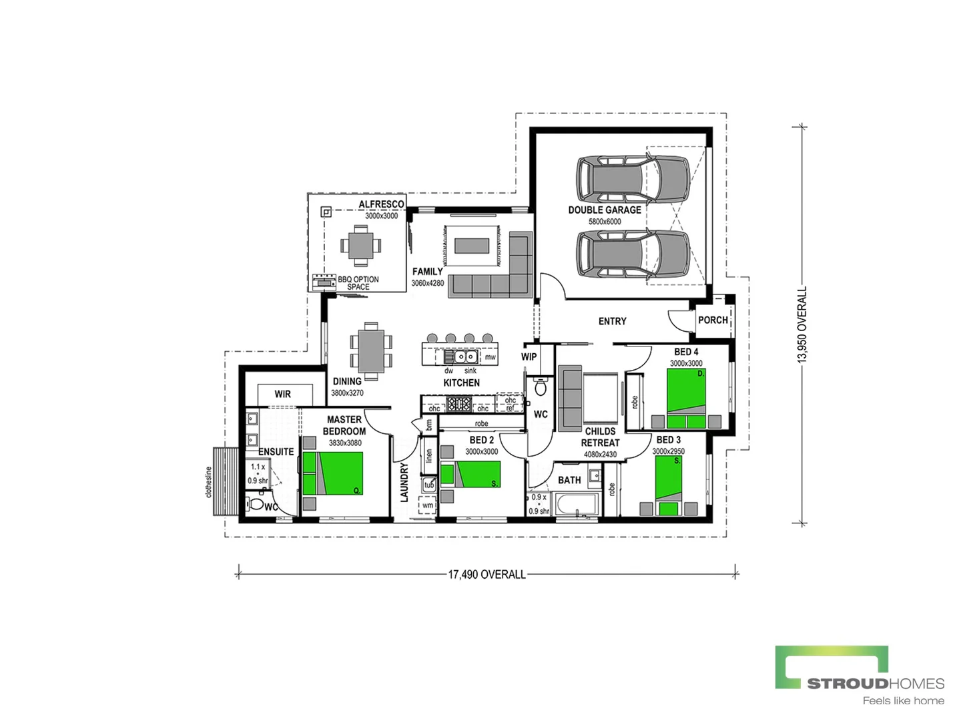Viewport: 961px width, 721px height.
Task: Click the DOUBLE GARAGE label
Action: pyautogui.click(x=605, y=210)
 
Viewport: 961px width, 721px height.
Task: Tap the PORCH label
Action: pyautogui.click(x=713, y=320)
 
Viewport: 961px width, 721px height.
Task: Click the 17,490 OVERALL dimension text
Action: pyautogui.click(x=487, y=574)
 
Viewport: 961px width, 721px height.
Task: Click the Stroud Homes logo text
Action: pyautogui.click(x=875, y=683)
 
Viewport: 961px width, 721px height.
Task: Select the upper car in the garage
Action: pyautogui.click(x=632, y=178)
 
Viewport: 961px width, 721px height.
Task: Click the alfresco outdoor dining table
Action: pyautogui.click(x=360, y=245)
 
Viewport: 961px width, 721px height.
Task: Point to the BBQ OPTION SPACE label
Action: pyautogui.click(x=358, y=283)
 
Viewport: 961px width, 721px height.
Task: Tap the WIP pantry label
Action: pyautogui.click(x=529, y=356)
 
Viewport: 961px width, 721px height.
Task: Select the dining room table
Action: pyautogui.click(x=371, y=351)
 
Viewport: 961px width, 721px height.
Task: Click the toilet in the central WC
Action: pyautogui.click(x=541, y=387)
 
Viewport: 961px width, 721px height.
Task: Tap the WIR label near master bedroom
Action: pyautogui.click(x=282, y=394)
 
